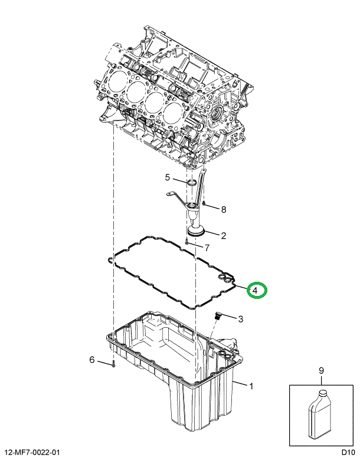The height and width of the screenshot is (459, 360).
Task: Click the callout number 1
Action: pyautogui.click(x=252, y=388)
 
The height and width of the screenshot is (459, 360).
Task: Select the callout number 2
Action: pyautogui.click(x=224, y=236)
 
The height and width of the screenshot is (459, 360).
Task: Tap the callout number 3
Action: pyautogui.click(x=241, y=320)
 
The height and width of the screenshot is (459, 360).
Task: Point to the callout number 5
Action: pyautogui.click(x=168, y=177)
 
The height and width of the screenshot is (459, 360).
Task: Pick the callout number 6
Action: pyautogui.click(x=92, y=360)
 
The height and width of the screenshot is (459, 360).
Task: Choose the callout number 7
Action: pyautogui.click(x=207, y=248)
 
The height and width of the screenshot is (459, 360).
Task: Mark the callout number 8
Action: pyautogui.click(x=223, y=209)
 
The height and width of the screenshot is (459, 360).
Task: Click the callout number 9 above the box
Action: pyautogui.click(x=322, y=371)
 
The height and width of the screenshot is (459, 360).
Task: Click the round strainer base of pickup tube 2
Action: pyautogui.click(x=195, y=232)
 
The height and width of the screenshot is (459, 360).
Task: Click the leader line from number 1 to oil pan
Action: pyautogui.click(x=241, y=385)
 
